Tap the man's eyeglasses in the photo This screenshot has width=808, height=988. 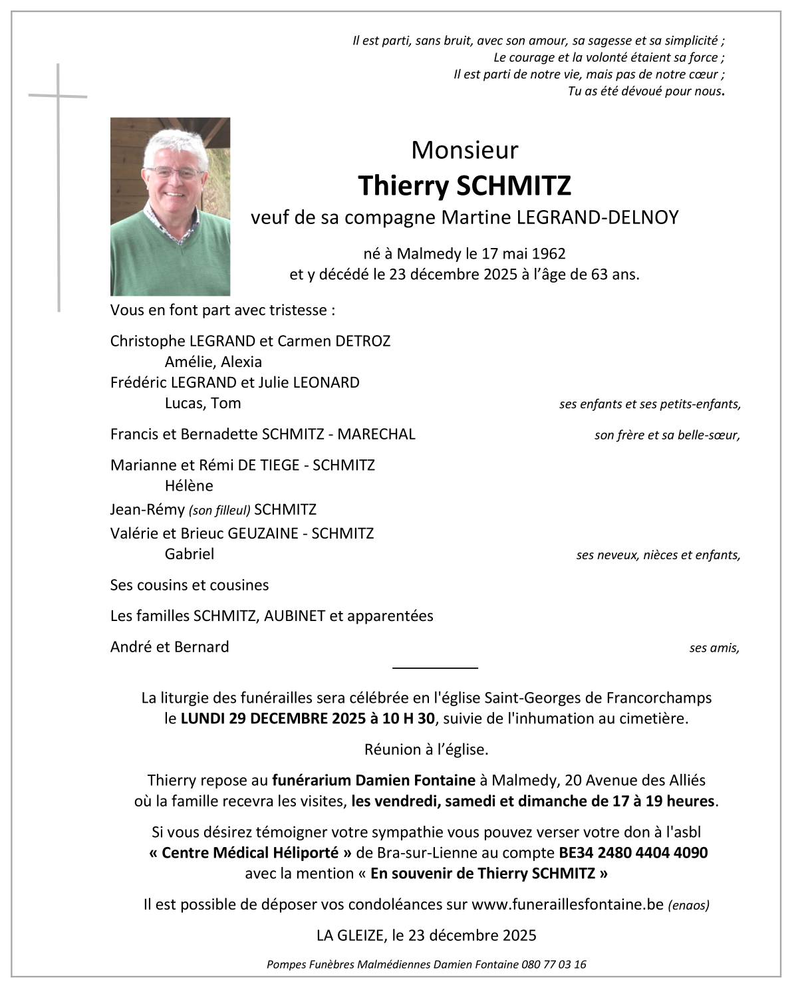pos(174,172)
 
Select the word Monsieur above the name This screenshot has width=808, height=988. pos(464,150)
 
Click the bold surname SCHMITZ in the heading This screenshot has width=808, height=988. pos(513,186)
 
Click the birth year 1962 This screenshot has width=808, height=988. pos(549,253)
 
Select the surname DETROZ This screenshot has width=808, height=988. pos(363,341)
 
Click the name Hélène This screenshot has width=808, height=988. pos(189,486)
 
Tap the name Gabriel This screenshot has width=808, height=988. pos(190,554)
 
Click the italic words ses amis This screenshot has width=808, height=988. pos(714,648)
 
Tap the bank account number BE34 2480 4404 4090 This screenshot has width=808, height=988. pos(632,852)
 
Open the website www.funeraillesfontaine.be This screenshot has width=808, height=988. pos(568,904)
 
